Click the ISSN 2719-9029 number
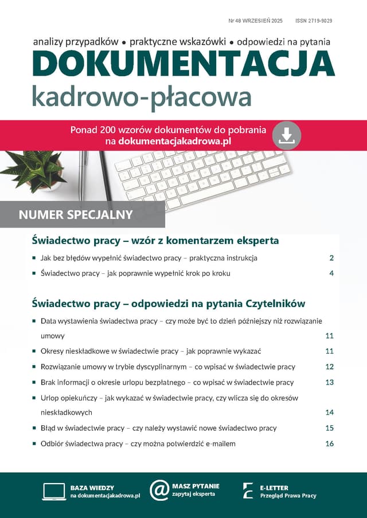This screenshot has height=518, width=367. point(314,21)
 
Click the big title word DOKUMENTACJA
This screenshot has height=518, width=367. point(183,64)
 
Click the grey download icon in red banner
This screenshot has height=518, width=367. point(287,135)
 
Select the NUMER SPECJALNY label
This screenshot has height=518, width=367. point(76,215)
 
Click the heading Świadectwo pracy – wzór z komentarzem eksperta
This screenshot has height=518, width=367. point(155,240)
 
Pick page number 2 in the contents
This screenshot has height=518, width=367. point(331,258)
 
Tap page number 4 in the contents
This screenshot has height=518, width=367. point(331,273)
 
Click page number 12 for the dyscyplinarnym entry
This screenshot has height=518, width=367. point(329,367)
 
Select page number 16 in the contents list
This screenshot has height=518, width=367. point(329,444)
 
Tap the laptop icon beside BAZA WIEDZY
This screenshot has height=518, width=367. point(54,491)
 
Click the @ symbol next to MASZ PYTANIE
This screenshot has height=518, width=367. point(159,490)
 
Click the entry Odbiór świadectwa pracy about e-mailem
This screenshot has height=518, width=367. point(138,444)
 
